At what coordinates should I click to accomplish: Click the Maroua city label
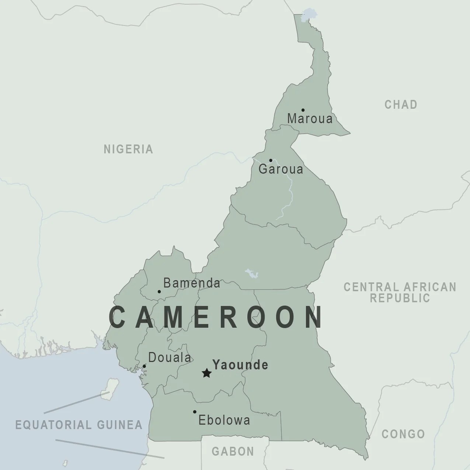coord(310,119)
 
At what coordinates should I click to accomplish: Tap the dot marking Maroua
coord(303,110)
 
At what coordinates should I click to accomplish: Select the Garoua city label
coord(281,169)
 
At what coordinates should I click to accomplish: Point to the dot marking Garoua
coord(271,160)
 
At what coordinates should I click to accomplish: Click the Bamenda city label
coord(192,283)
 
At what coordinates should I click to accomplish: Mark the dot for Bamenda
coord(159,292)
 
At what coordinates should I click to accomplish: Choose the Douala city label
coord(170,358)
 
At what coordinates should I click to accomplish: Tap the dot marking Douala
coord(144,366)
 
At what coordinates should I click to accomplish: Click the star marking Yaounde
coord(207,373)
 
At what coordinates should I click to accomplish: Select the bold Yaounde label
coord(240,365)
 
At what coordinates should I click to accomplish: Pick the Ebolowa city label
coord(224,420)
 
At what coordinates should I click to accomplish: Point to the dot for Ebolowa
coord(195,412)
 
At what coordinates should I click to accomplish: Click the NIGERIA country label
coord(128,149)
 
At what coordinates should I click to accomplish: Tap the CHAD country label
coord(401,105)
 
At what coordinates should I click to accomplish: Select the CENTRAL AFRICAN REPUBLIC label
coord(400,292)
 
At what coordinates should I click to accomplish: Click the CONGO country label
coord(403,434)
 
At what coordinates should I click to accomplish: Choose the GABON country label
coord(233,451)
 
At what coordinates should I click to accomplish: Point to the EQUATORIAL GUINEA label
coord(79,425)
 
